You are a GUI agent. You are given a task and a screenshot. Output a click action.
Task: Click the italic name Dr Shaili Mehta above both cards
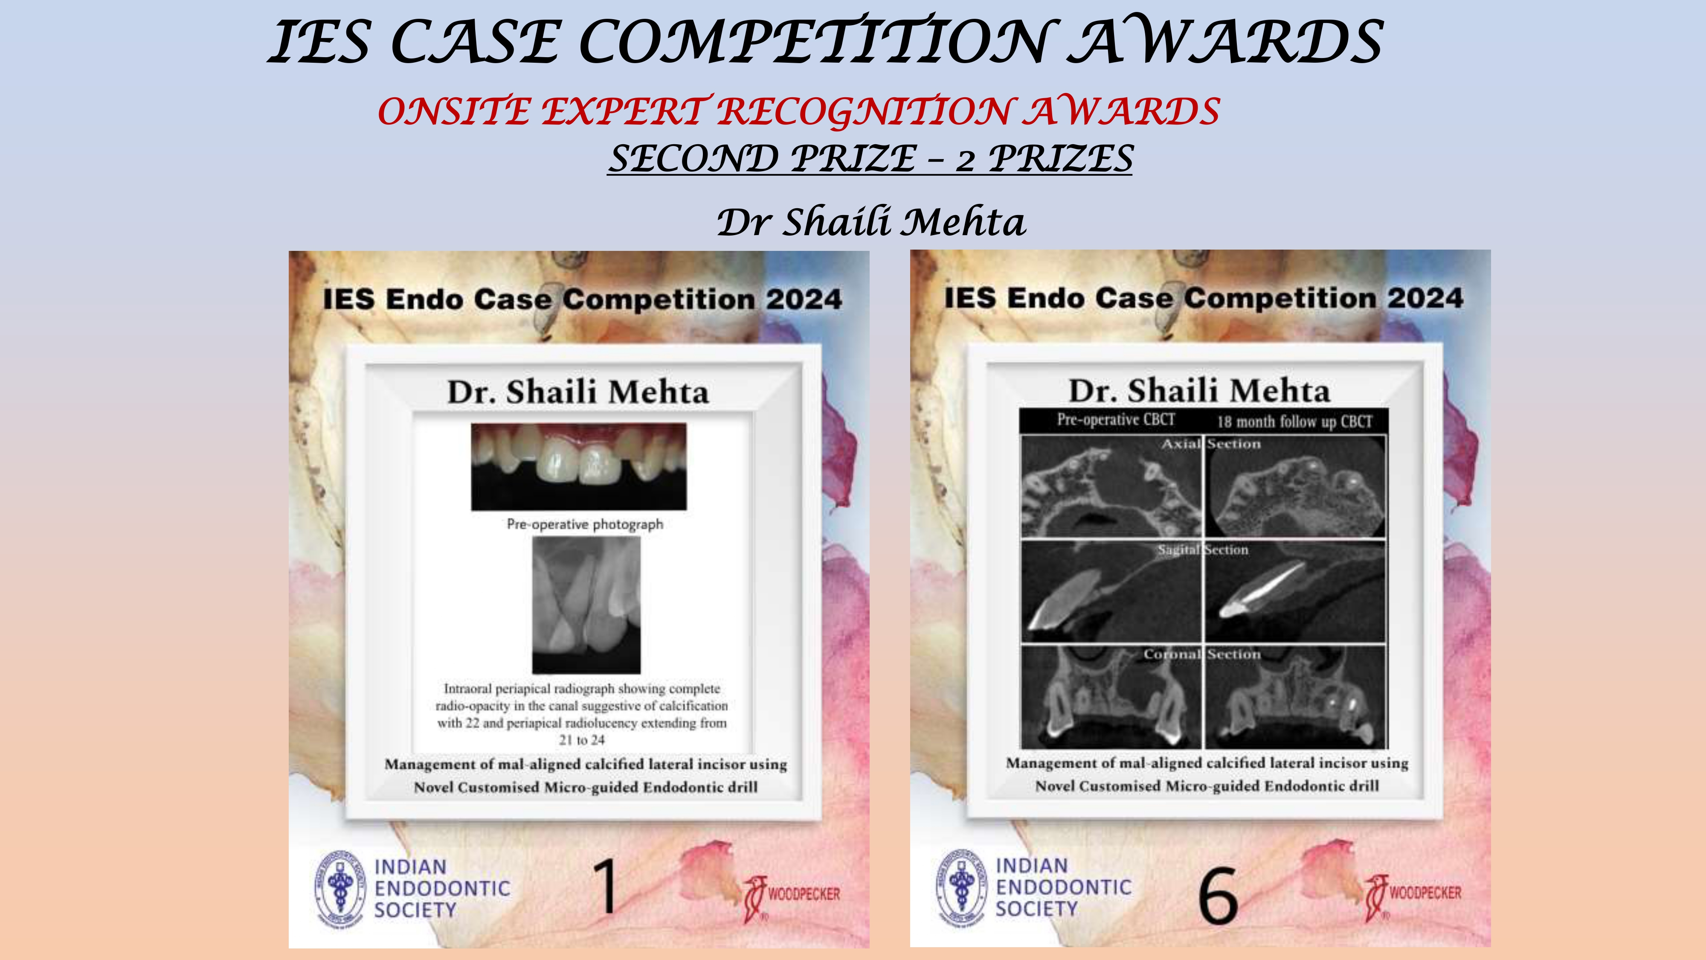871,221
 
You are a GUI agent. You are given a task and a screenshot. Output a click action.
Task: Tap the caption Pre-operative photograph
585,524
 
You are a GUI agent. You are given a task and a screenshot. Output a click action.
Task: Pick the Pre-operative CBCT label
1116,419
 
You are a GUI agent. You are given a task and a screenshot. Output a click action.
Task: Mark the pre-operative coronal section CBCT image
1111,696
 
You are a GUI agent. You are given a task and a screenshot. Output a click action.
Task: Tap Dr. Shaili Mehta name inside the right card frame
1199,391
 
